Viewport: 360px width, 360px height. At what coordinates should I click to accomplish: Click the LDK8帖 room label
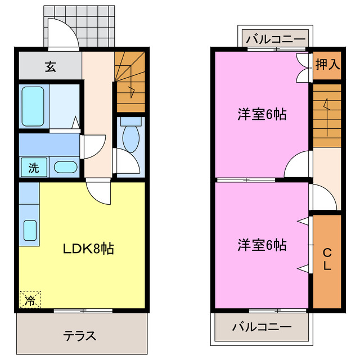click(88, 248)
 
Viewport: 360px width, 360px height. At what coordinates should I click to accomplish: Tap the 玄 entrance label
click(51, 67)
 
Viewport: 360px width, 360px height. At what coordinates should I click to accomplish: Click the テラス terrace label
click(79, 336)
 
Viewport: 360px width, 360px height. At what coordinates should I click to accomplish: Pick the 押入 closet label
click(327, 64)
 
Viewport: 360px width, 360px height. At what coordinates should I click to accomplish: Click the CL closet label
click(327, 259)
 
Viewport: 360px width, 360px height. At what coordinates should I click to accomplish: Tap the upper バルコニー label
click(276, 40)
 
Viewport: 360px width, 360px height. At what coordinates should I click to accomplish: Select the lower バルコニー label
click(262, 327)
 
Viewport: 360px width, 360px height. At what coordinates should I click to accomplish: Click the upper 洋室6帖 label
click(262, 114)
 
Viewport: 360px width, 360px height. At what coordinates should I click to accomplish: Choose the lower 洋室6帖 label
click(262, 245)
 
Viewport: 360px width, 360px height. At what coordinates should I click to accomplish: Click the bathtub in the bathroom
click(33, 106)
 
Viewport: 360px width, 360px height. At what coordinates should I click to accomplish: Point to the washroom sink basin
click(66, 167)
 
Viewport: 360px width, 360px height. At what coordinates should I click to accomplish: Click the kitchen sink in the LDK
click(30, 230)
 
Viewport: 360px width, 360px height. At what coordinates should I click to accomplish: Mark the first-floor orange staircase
click(130, 82)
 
